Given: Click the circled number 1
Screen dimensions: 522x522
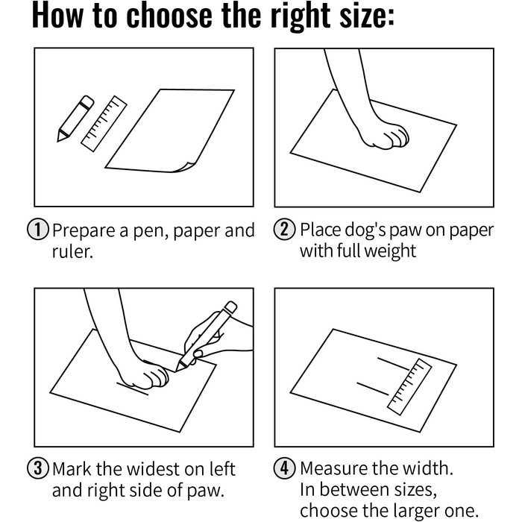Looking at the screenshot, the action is [37, 230].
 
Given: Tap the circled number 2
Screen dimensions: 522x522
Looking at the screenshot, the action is [285, 230].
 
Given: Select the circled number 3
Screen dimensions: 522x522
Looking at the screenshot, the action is [37, 468].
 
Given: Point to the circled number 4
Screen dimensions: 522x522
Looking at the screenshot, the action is [285, 468].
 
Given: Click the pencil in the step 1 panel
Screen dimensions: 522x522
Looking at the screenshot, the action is [75, 119].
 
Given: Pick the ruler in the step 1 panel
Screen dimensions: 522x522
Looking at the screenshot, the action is [104, 124].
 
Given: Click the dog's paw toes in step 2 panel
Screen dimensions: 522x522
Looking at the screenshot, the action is [397, 136].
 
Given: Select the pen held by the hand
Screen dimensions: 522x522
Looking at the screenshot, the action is [207, 336].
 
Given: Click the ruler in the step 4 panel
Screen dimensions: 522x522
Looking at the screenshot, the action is [409, 386].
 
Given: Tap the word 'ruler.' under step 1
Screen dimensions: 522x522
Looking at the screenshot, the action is [72, 251].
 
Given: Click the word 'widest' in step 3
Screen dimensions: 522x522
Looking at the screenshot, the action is [154, 469].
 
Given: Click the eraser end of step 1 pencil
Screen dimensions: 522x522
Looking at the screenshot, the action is [87, 101].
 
